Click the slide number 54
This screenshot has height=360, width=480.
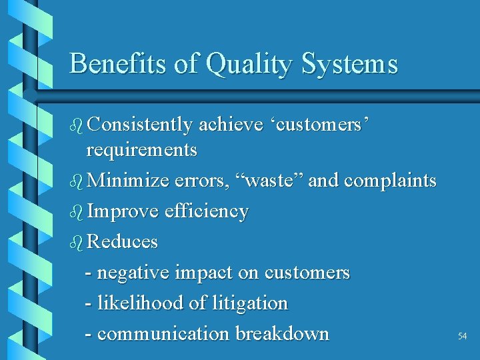(462, 337)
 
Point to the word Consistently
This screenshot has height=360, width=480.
(140, 125)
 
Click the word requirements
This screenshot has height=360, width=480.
(142, 151)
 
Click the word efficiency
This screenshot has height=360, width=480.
(208, 212)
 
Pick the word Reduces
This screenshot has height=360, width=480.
(123, 241)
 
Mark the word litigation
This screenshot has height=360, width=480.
(249, 303)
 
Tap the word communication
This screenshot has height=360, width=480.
(164, 333)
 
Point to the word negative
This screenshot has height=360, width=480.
(133, 273)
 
